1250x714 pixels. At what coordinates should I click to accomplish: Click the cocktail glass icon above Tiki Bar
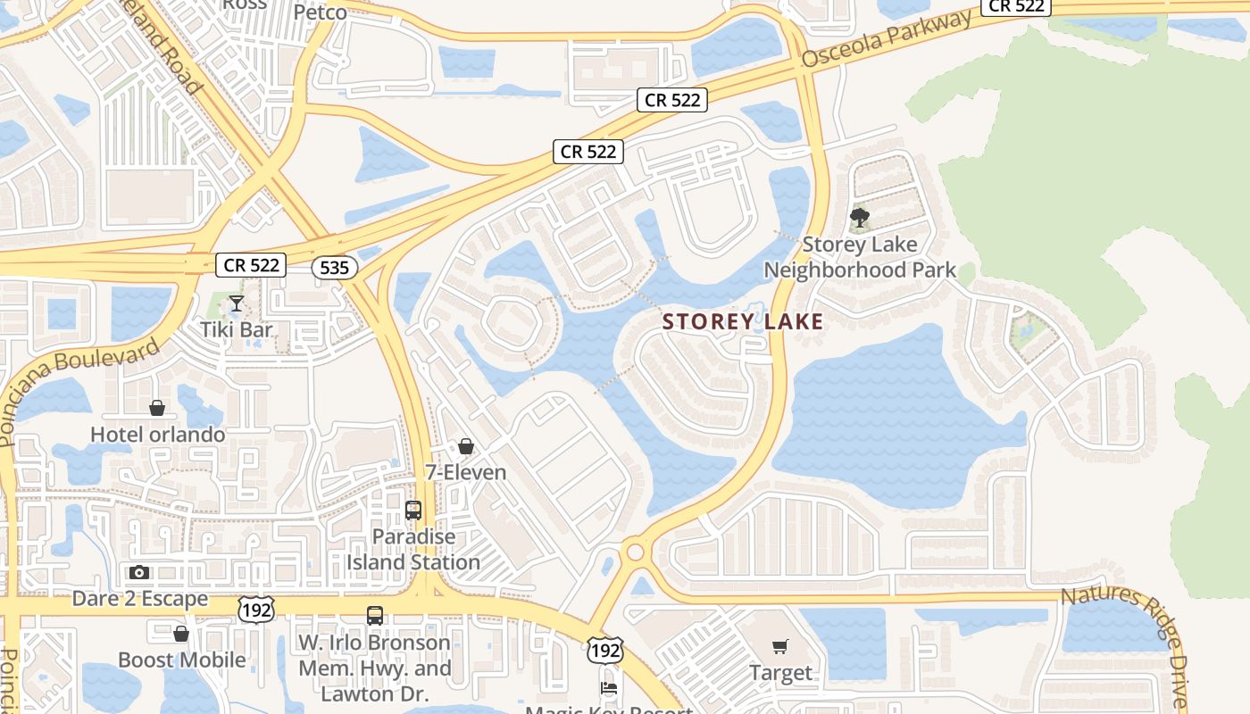(x=236, y=304)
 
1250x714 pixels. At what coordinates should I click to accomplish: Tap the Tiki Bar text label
(x=236, y=330)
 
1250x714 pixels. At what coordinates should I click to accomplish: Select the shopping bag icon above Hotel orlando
(x=157, y=408)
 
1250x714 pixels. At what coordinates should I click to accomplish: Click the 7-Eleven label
(x=465, y=472)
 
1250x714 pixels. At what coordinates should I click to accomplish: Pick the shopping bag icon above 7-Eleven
(x=465, y=446)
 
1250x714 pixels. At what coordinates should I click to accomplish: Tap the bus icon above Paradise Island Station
(x=412, y=511)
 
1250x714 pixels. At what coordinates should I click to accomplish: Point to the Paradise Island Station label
(x=413, y=550)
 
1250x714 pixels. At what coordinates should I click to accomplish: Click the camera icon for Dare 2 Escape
(x=139, y=572)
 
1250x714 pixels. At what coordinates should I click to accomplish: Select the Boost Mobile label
(x=182, y=660)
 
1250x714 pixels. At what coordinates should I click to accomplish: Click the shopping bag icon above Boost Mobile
(x=181, y=634)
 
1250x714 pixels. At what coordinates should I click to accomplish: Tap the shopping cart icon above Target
(x=780, y=646)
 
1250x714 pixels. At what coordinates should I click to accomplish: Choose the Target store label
(x=780, y=673)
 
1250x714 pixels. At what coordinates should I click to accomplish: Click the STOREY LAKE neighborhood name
(x=743, y=322)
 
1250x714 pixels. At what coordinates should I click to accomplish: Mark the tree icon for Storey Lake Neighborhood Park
(x=860, y=217)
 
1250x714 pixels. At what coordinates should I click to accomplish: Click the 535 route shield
(x=335, y=267)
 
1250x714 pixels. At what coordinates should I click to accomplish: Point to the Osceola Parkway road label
(x=886, y=40)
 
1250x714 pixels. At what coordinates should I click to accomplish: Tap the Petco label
(x=320, y=12)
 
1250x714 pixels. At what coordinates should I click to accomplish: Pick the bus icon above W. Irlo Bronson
(x=374, y=616)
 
